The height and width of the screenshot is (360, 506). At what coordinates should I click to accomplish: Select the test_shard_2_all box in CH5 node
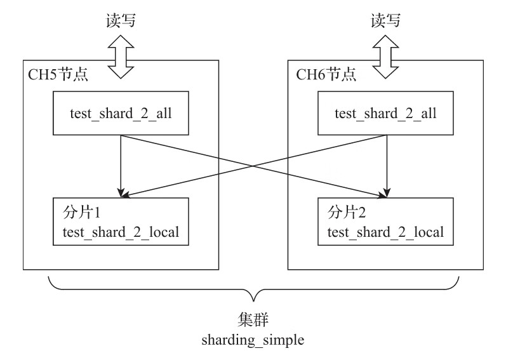(x=121, y=114)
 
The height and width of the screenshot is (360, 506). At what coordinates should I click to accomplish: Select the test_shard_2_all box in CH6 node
(x=385, y=114)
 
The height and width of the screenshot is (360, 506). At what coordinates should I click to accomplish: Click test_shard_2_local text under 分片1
(x=121, y=231)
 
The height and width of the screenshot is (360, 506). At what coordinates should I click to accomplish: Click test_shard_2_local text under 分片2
(x=386, y=231)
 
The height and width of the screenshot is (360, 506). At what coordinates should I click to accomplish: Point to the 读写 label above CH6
(x=385, y=20)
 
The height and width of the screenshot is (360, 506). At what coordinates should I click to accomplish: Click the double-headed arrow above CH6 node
(x=385, y=55)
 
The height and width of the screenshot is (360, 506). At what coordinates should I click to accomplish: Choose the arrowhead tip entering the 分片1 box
(x=121, y=197)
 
